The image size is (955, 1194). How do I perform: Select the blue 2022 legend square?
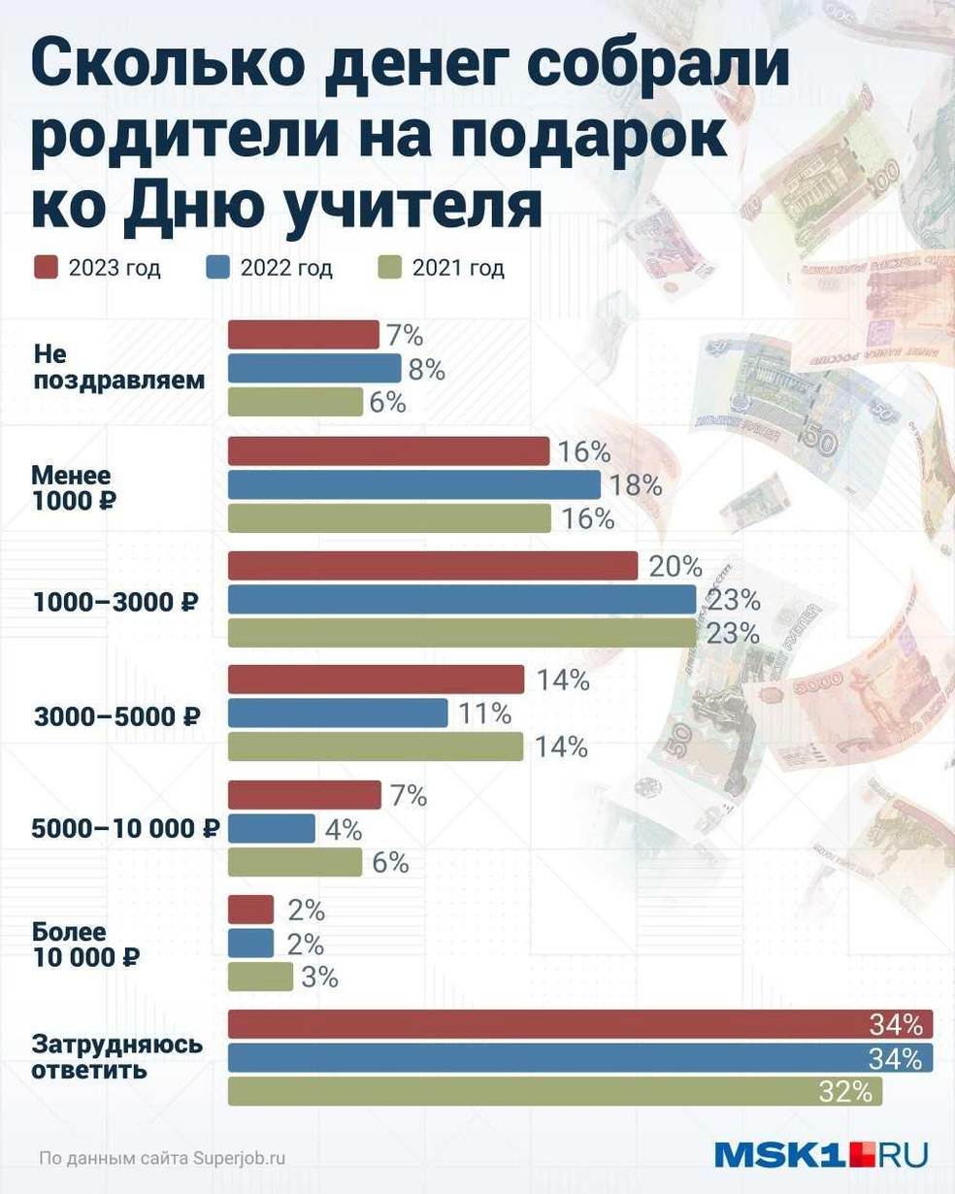click(x=218, y=268)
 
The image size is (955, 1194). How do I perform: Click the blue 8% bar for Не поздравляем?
click(x=314, y=369)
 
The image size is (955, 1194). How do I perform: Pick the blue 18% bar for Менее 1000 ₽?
click(x=414, y=484)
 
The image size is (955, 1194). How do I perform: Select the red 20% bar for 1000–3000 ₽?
click(x=433, y=566)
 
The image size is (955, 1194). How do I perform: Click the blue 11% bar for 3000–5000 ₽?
click(x=338, y=713)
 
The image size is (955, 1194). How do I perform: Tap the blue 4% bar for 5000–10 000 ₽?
click(x=272, y=829)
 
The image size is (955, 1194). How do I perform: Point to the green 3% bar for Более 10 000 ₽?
click(x=260, y=977)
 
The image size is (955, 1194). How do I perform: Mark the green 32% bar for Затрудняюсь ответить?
click(x=555, y=1091)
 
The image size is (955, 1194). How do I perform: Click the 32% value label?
click(x=845, y=1092)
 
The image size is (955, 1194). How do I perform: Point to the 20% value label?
click(x=675, y=566)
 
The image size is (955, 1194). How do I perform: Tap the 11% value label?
click(x=484, y=713)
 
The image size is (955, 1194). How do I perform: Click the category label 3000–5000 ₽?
click(x=116, y=717)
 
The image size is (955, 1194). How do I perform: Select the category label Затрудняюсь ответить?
click(x=117, y=1057)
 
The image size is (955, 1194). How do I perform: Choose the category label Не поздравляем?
click(x=119, y=366)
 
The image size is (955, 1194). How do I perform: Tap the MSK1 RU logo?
click(x=820, y=1154)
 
